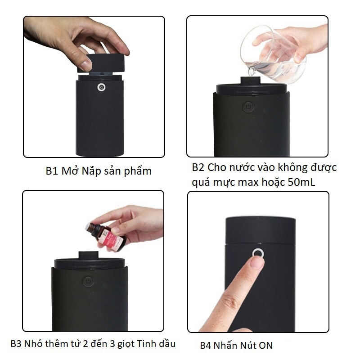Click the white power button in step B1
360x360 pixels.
coord(101,87)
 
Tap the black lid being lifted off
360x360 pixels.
coord(101,63)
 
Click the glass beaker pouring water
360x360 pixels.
coord(273,54)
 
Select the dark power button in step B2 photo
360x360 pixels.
coord(248,107)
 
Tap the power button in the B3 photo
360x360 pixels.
coord(87,282)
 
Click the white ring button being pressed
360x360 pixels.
coord(258,254)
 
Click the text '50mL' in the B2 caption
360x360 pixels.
coord(301,182)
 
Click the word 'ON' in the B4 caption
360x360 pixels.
coord(265,345)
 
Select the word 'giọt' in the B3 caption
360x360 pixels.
coord(126,344)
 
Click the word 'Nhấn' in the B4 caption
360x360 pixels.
coord(223,345)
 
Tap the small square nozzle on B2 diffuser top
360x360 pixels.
coord(250,81)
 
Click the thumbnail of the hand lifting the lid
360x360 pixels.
coord(86,66)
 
